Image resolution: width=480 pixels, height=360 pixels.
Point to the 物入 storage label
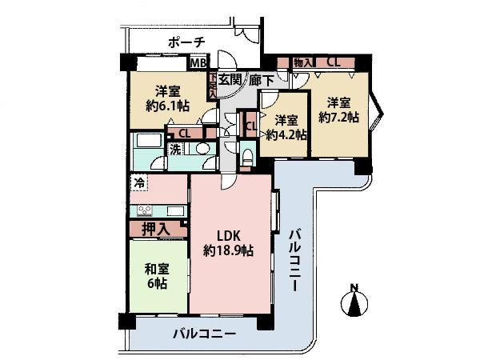303,62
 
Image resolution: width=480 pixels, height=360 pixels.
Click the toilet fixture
246,158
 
